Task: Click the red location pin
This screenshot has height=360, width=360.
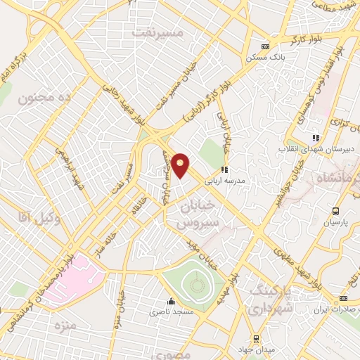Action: click(181, 165)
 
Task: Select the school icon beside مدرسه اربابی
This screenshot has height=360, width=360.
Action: click(224, 169)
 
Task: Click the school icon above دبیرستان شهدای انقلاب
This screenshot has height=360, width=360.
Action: click(316, 138)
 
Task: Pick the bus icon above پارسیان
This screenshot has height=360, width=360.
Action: click(335, 211)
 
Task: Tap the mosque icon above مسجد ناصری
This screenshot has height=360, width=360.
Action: click(171, 300)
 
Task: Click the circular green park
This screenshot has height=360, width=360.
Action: click(195, 285)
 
